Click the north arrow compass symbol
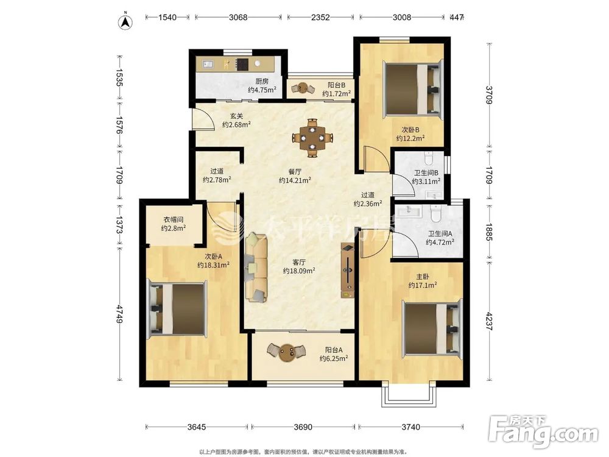125,20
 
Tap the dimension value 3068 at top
238,17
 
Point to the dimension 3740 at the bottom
410,427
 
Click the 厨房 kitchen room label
262,81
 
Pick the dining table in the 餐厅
312,138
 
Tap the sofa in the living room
257,267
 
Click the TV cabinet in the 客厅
348,271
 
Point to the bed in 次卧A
177,308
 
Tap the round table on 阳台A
287,352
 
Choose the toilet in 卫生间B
428,157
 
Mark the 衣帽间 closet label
173,219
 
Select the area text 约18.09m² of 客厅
299,271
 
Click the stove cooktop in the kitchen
242,64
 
